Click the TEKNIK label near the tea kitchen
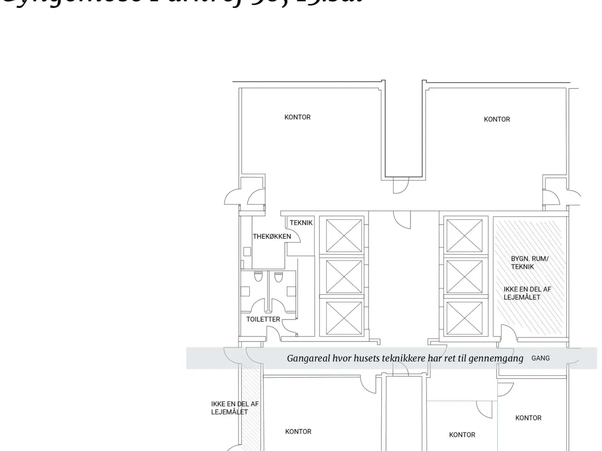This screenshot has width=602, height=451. coord(301,223)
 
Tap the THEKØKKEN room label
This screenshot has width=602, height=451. coord(272,236)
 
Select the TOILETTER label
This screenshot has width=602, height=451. coord(263,319)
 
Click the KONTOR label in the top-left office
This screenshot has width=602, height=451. coord(297,117)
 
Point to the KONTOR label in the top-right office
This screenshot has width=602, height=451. coord(497,119)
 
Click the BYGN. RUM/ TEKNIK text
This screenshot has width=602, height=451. coord(529,263)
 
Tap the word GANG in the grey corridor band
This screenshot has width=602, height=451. coord(540,358)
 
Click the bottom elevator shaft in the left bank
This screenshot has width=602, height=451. coord(344,318)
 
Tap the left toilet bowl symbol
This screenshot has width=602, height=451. coord(258,277)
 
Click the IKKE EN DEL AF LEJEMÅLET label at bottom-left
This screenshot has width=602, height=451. coord(235,408)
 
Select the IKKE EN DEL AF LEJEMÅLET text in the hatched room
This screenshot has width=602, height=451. coord(527,293)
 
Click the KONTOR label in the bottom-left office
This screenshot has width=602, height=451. coord(298,431)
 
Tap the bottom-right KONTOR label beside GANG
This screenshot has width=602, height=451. coord(528,418)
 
